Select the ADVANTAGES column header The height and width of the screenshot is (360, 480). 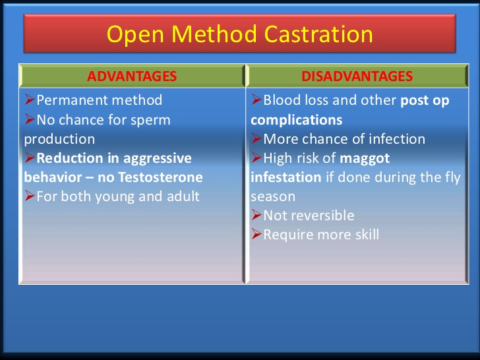pos(132,76)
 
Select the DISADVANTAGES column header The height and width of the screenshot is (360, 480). pos(357,76)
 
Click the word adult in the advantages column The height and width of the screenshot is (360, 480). pos(181,196)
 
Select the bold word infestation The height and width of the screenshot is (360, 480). pos(286,177)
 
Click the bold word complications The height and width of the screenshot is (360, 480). pos(296,120)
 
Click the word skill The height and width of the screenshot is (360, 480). pos(365,235)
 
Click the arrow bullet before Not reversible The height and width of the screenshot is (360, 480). pos(256,216)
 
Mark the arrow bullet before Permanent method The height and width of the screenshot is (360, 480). pos(30,101)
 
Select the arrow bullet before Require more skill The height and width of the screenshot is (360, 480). pos(256,235)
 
